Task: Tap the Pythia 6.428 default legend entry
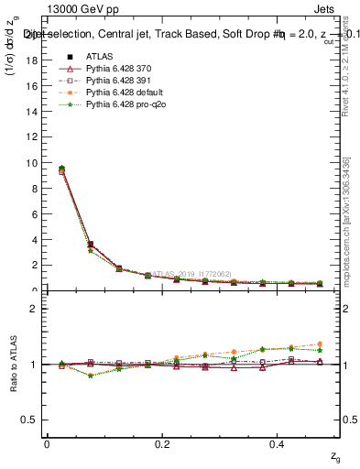pos(124,93)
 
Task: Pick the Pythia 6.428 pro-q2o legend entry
pos(124,106)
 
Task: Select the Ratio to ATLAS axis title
pos(13,363)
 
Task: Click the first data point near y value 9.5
pos(61,169)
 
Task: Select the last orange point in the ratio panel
pos(320,344)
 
